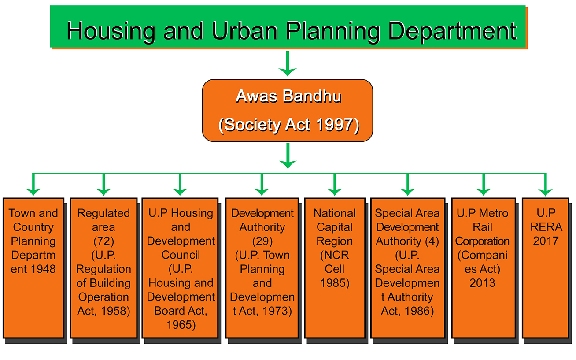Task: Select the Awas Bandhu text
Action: (x=288, y=96)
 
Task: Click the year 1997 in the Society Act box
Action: (x=335, y=125)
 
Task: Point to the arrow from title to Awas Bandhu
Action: (x=288, y=63)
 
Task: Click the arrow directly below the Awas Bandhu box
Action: (x=288, y=156)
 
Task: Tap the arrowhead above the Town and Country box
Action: (x=33, y=192)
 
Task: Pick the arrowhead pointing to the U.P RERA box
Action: (x=546, y=192)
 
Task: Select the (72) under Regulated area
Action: (x=103, y=241)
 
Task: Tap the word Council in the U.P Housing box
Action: (x=181, y=255)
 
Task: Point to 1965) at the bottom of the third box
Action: (x=181, y=325)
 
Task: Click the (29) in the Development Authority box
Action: (x=262, y=241)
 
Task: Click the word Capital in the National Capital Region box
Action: (x=335, y=227)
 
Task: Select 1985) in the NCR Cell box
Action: (x=335, y=283)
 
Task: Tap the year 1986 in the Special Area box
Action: (x=419, y=311)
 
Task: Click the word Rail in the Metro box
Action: (x=483, y=227)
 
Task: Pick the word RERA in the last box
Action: (x=546, y=227)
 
